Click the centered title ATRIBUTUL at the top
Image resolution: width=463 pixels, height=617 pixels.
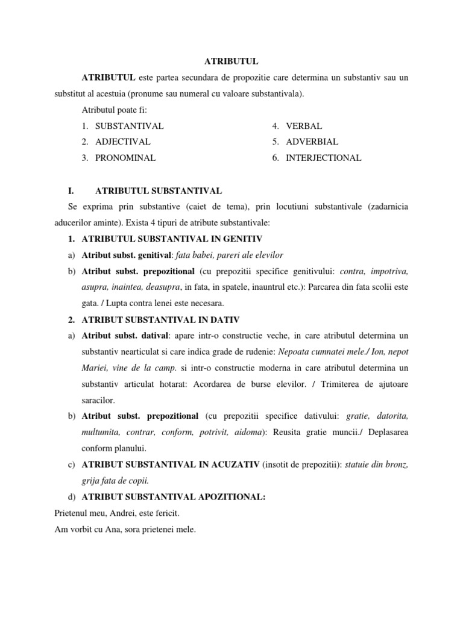coord(231,61)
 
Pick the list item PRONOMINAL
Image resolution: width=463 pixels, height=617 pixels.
coord(125,158)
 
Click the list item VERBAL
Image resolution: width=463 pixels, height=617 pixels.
coord(304,126)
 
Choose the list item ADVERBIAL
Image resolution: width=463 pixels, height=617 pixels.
coord(312,142)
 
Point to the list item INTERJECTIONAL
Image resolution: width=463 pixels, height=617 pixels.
coord(324,158)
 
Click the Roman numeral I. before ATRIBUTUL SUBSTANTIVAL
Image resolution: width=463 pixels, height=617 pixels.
coord(71,190)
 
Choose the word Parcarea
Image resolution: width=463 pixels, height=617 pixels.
coord(326,287)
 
